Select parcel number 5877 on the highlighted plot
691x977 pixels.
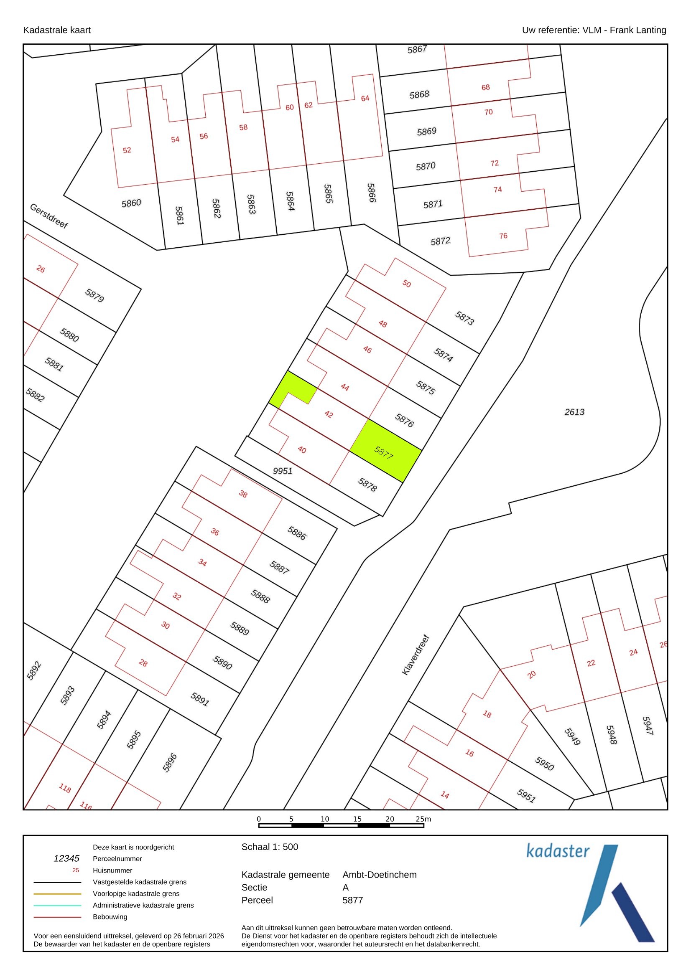click(384, 452)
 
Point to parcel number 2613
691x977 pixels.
click(574, 412)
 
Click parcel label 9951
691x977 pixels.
click(282, 471)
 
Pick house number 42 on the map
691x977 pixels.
click(329, 414)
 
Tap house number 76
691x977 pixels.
click(503, 236)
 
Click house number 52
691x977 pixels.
click(127, 150)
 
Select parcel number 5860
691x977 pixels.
click(131, 203)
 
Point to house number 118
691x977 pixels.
click(65, 788)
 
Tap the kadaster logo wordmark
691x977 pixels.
click(558, 851)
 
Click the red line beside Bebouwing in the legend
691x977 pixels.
click(57, 917)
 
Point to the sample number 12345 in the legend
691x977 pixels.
click(66, 859)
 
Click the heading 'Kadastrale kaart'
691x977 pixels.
click(57, 30)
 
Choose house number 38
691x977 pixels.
click(243, 494)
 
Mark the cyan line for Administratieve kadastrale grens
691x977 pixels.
click(57, 906)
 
